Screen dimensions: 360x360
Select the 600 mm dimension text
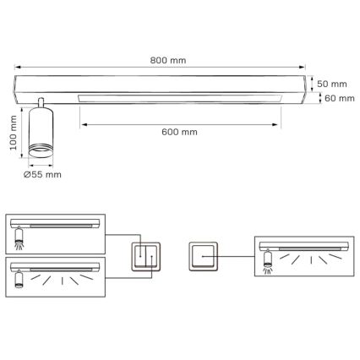(178, 133)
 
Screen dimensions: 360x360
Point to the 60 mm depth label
(335, 99)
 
